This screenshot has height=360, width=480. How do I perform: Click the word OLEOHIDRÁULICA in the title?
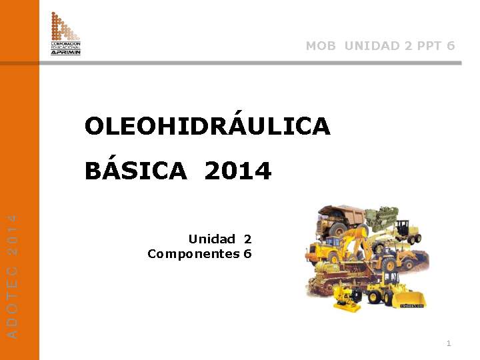click(x=207, y=126)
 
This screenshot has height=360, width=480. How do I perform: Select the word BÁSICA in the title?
click(x=136, y=171)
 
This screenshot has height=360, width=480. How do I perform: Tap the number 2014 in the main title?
click(x=238, y=171)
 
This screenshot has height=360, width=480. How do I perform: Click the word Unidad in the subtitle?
click(x=211, y=239)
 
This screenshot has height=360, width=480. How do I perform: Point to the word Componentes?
click(x=193, y=254)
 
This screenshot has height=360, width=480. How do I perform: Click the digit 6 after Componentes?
click(x=248, y=254)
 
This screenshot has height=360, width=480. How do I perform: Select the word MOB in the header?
click(x=321, y=46)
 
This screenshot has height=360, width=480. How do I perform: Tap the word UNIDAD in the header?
click(x=373, y=46)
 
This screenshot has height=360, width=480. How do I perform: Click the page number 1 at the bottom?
click(x=449, y=343)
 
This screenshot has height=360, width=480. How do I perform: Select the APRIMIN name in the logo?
click(x=66, y=52)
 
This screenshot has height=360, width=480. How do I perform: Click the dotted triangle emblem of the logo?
click(x=65, y=27)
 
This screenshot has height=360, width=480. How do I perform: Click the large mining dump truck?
click(x=340, y=220)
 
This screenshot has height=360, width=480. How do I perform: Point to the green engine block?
click(x=383, y=219)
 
